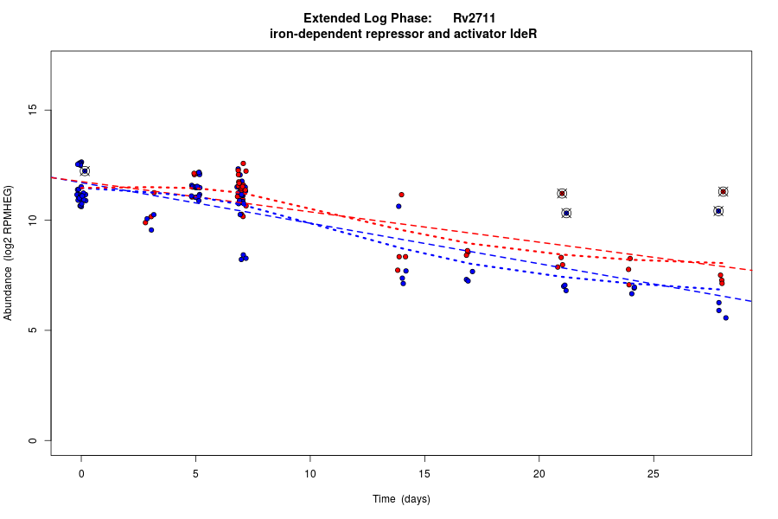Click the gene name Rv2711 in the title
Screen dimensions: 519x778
pos(474,18)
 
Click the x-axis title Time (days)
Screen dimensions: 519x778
pos(401,499)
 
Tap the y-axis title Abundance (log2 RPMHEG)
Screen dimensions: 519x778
pos(9,253)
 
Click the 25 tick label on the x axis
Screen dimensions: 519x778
pos(654,473)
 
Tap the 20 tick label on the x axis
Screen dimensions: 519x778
pos(539,473)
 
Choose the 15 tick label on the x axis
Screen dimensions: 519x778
pos(424,473)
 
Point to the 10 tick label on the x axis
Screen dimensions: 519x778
pos(309,473)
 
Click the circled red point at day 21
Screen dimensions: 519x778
pos(562,194)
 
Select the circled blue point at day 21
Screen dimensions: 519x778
pos(566,213)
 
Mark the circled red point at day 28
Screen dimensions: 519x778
pos(723,192)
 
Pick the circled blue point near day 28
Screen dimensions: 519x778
pos(718,211)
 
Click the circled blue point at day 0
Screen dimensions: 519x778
pos(85,171)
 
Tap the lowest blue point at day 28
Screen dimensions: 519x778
pos(725,317)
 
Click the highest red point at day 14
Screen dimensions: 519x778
pos(401,195)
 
